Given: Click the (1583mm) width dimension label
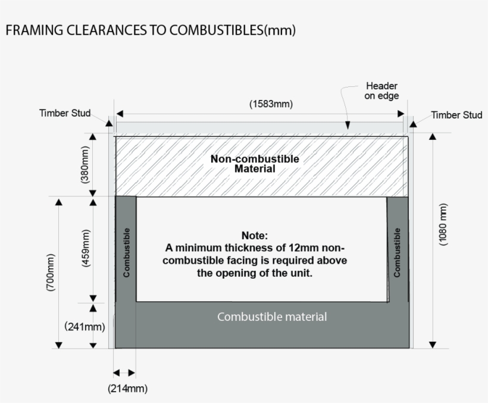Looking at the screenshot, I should point(270,104).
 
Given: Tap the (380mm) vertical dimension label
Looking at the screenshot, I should point(85,165).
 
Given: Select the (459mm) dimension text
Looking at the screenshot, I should point(85,248).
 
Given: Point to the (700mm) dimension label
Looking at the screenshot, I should point(51,273).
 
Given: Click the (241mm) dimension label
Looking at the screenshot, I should point(85,326).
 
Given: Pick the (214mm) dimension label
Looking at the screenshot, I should point(127,389).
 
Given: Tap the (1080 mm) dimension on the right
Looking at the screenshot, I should point(443,224).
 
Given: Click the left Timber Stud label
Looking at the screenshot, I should point(65,113).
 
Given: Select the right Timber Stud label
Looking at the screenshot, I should point(456,115).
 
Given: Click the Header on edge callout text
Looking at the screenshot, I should point(381,91).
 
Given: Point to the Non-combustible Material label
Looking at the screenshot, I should point(255,164).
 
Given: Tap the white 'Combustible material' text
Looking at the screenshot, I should point(272,317).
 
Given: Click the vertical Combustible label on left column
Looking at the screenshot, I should point(126,252).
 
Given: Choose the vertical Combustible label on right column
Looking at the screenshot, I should point(397,252).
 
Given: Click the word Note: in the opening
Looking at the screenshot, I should point(255,236).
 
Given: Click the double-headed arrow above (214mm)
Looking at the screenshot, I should point(124,373).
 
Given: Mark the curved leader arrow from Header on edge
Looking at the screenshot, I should point(345,104).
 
